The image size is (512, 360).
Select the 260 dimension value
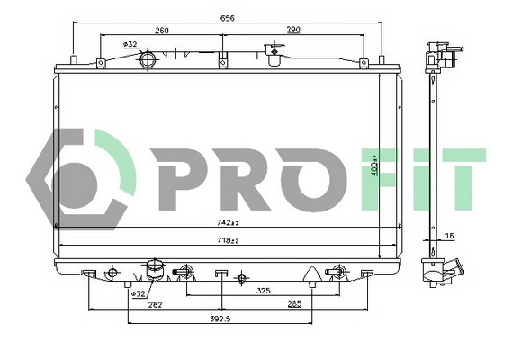click(x=162, y=31)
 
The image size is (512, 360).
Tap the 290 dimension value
click(x=293, y=31)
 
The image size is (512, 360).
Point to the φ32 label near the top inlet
click(x=130, y=43)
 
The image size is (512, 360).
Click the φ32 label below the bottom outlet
click(x=139, y=293)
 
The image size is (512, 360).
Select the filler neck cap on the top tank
click(x=269, y=51)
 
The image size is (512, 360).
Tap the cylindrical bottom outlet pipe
click(x=154, y=269)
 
